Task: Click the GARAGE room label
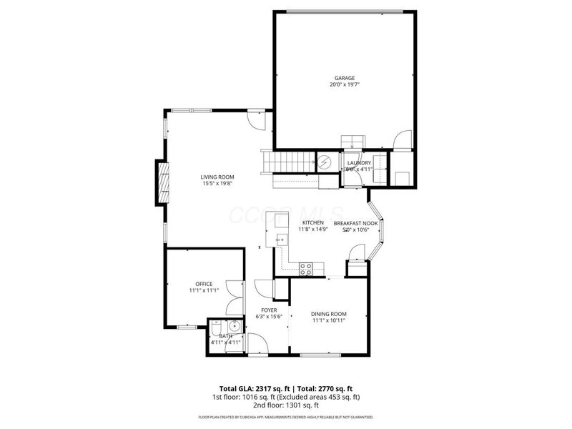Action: [x=345, y=78]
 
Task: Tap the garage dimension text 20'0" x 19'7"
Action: [x=345, y=85]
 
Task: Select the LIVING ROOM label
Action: [x=217, y=177]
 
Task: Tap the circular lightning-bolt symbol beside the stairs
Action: [x=323, y=162]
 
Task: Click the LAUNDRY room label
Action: [x=359, y=163]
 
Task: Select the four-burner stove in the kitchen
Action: [x=306, y=269]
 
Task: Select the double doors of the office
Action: [x=234, y=298]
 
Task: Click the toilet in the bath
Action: [x=216, y=330]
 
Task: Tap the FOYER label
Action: [x=269, y=310]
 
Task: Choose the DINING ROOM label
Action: [x=329, y=314]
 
